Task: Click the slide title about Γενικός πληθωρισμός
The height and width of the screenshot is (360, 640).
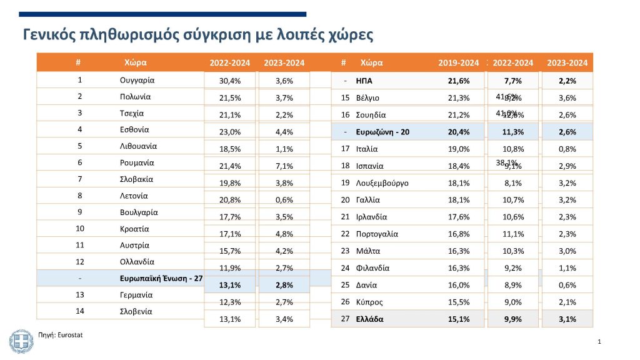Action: click(x=198, y=34)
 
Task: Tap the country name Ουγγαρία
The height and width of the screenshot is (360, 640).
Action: click(x=137, y=80)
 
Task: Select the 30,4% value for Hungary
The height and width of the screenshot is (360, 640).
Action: click(x=229, y=81)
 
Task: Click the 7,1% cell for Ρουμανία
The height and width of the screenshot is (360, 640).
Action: click(x=284, y=167)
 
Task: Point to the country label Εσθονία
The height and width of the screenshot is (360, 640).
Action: click(x=136, y=129)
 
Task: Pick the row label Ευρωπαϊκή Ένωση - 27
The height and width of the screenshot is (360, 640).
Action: click(x=161, y=278)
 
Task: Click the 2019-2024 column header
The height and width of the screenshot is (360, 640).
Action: click(x=458, y=62)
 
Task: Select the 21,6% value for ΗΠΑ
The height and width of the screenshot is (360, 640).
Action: click(x=458, y=81)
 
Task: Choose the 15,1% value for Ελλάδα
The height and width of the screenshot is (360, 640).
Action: click(x=459, y=319)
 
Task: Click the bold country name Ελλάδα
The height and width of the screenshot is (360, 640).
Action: click(x=369, y=319)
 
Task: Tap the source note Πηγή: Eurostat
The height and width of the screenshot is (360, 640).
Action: click(x=61, y=335)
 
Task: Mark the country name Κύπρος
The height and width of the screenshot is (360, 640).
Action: click(x=370, y=302)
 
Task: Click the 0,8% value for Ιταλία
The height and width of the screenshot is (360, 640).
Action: click(x=566, y=150)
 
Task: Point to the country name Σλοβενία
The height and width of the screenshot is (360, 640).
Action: click(x=136, y=311)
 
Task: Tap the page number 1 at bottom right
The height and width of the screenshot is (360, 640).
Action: click(x=599, y=342)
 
